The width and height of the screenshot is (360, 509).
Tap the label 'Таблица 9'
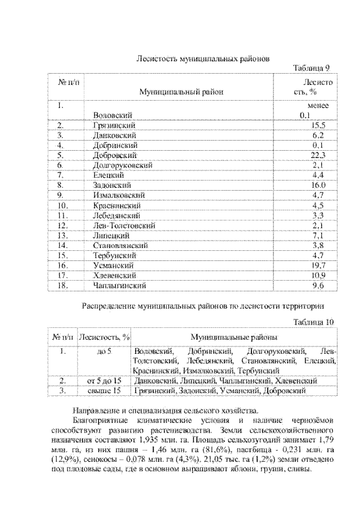tap(311, 69)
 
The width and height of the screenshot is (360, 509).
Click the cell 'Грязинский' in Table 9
tap(115, 125)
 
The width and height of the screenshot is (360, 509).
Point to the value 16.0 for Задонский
tap(319, 184)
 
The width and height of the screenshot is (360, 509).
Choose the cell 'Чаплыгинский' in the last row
tap(120, 285)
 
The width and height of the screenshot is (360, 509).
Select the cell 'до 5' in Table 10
tap(105, 352)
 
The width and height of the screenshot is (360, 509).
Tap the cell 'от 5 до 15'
tap(105, 381)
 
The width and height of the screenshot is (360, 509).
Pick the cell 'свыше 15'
tap(105, 390)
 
